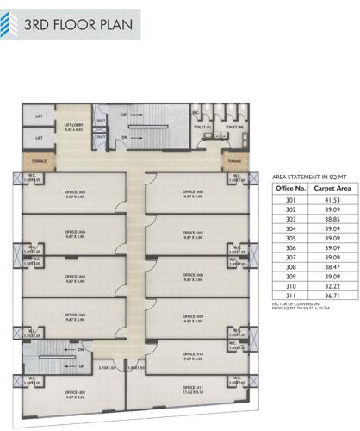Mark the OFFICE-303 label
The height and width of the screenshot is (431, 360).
(x=76, y=278)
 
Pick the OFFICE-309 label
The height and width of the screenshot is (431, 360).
(x=193, y=318)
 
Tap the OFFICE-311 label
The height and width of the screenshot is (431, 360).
(x=193, y=390)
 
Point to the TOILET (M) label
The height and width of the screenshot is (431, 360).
(x=234, y=126)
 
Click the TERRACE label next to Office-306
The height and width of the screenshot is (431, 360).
(x=234, y=160)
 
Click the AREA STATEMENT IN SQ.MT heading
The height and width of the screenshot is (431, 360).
(x=309, y=173)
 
